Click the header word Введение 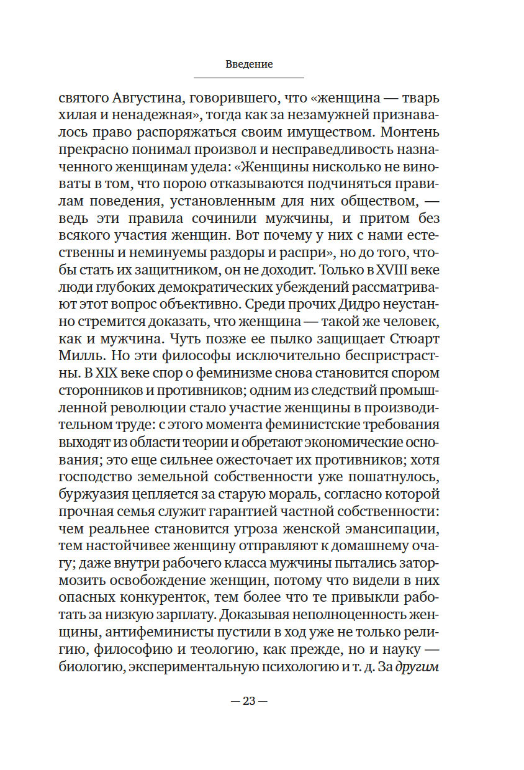pos(249,64)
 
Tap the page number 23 pos(249,701)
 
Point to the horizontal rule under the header pos(249,78)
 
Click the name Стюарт pos(408,342)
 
